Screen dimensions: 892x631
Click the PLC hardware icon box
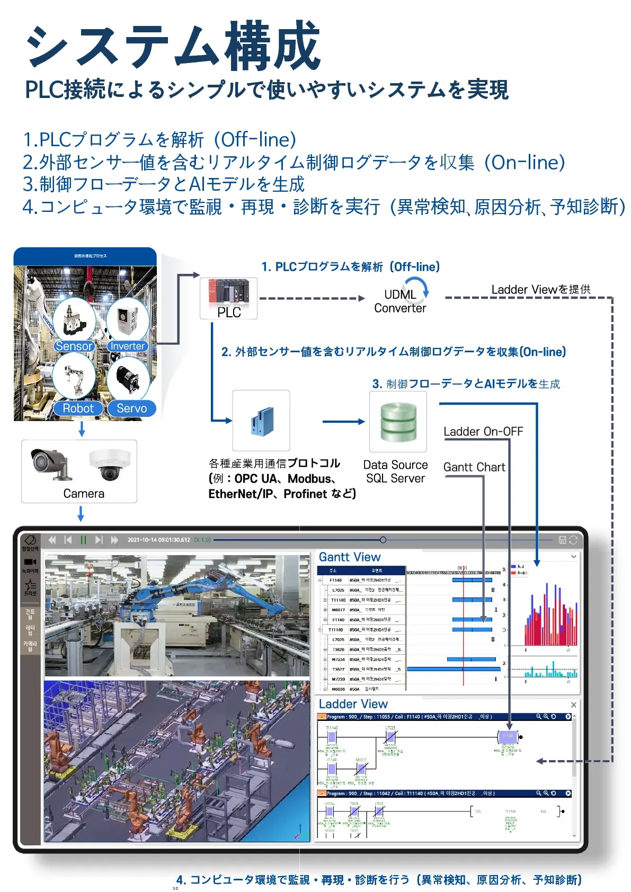pyautogui.click(x=228, y=298)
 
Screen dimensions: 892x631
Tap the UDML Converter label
pyautogui.click(x=400, y=301)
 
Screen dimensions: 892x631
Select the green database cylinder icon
pyautogui.click(x=398, y=422)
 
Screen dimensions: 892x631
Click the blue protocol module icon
pyautogui.click(x=261, y=421)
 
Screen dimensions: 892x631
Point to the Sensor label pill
pyautogui.click(x=74, y=346)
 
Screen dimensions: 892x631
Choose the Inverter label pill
pyautogui.click(x=127, y=346)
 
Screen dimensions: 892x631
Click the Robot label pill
pyautogui.click(x=78, y=408)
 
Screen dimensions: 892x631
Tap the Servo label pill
pyautogui.click(x=131, y=408)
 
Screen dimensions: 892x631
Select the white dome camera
pyautogui.click(x=110, y=464)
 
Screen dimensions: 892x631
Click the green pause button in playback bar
pyautogui.click(x=83, y=540)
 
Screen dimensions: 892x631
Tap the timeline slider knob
pyautogui.click(x=383, y=540)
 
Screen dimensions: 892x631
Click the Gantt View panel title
pyautogui.click(x=350, y=557)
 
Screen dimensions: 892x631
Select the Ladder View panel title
pyautogui.click(x=353, y=704)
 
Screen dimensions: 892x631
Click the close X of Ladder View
pyautogui.click(x=573, y=704)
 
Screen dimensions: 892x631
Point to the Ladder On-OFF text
pyautogui.click(x=483, y=432)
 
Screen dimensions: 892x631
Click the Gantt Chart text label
pyautogui.click(x=474, y=467)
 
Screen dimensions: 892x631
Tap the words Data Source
pyautogui.click(x=395, y=465)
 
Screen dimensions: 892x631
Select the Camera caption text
pyautogui.click(x=84, y=494)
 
